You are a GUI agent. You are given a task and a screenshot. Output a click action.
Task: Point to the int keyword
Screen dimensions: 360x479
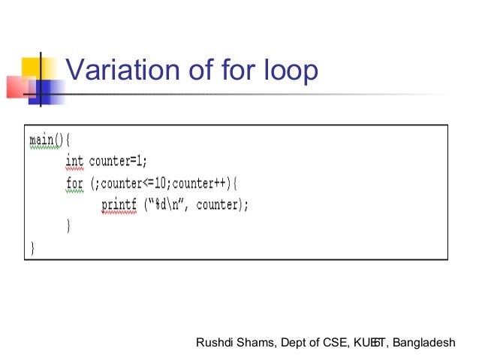coord(75,161)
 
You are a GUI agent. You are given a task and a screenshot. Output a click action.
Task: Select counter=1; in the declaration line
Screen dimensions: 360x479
coord(118,161)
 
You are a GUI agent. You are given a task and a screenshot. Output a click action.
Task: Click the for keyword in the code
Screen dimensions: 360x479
coord(75,183)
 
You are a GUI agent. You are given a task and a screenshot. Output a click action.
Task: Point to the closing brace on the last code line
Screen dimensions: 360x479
coord(32,247)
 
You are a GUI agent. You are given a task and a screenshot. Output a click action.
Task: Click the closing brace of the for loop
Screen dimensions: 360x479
coord(69,225)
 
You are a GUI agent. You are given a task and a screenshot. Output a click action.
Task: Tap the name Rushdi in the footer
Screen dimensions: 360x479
coord(214,343)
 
